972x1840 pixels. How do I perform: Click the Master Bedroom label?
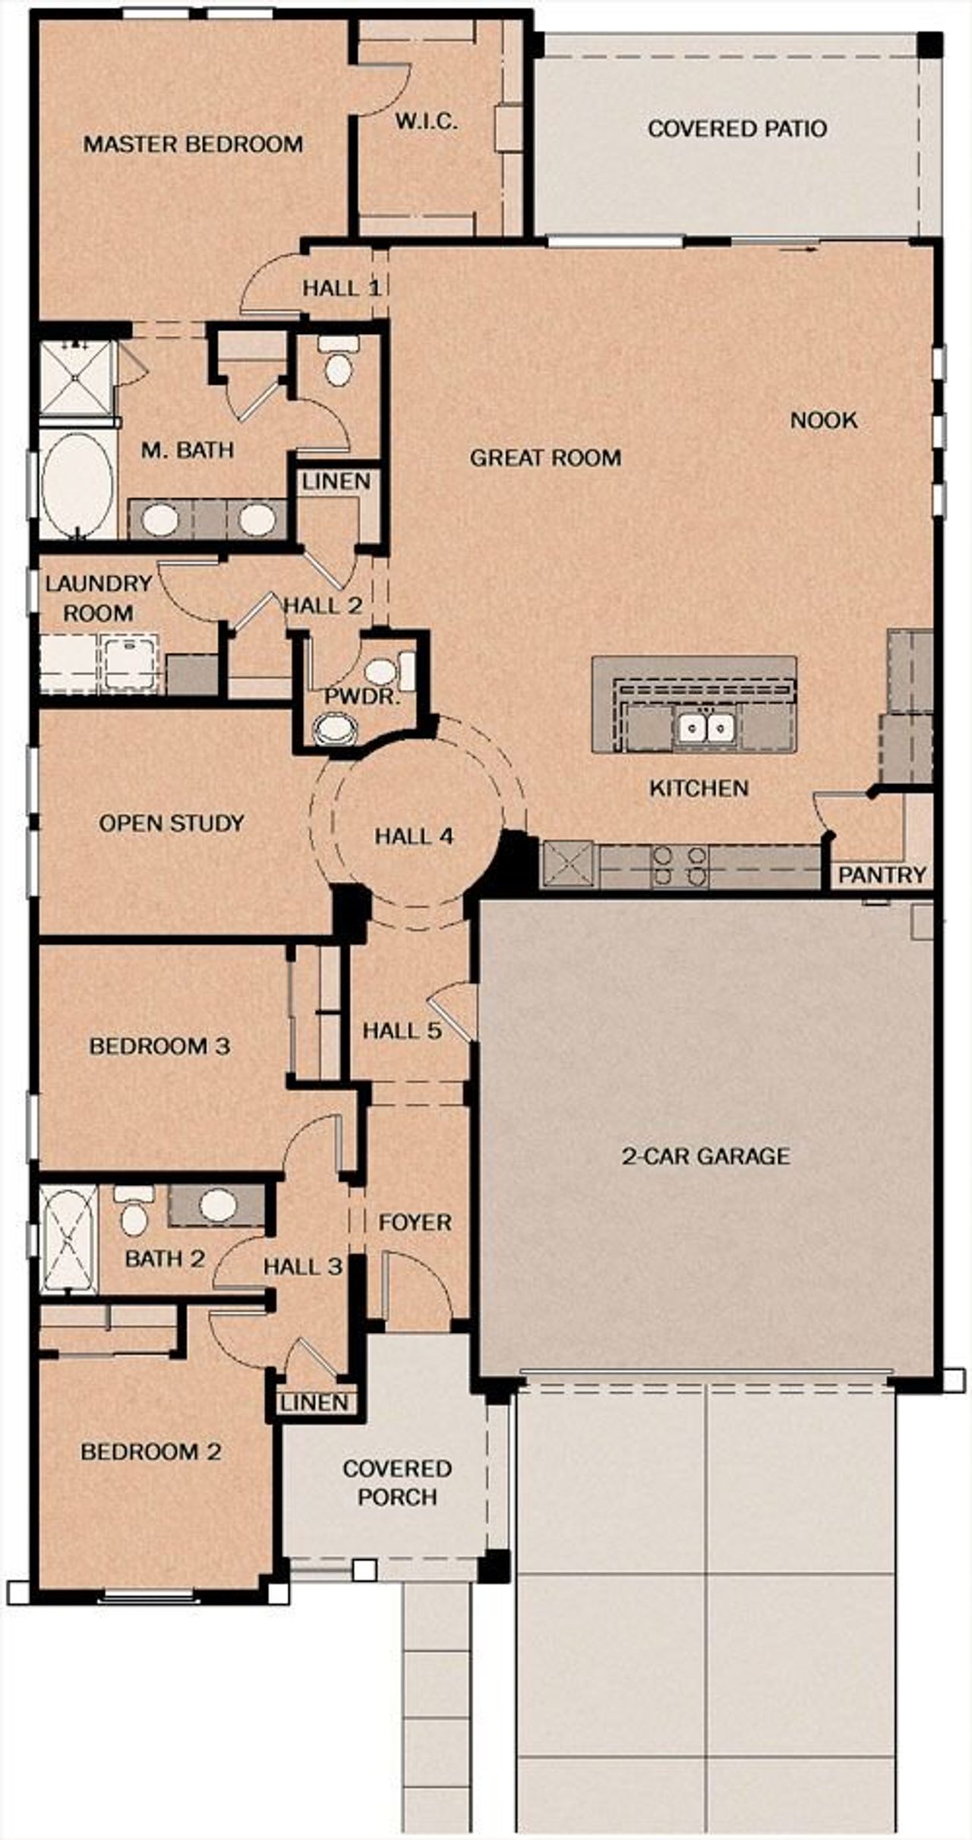193,143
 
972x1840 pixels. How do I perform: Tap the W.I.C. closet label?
426,121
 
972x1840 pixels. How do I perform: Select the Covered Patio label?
737,128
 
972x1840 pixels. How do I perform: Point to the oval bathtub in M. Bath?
77,485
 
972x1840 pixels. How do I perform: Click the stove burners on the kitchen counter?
680,866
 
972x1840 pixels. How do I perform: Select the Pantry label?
882,875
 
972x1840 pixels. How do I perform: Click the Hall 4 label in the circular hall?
414,837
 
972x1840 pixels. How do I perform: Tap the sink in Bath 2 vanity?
217,1203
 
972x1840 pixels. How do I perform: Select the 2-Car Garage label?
705,1156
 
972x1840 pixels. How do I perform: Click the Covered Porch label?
397,1482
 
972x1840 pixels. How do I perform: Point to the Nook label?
824,420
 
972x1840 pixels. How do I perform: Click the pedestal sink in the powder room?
334,729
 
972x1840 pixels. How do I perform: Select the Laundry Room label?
99,598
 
